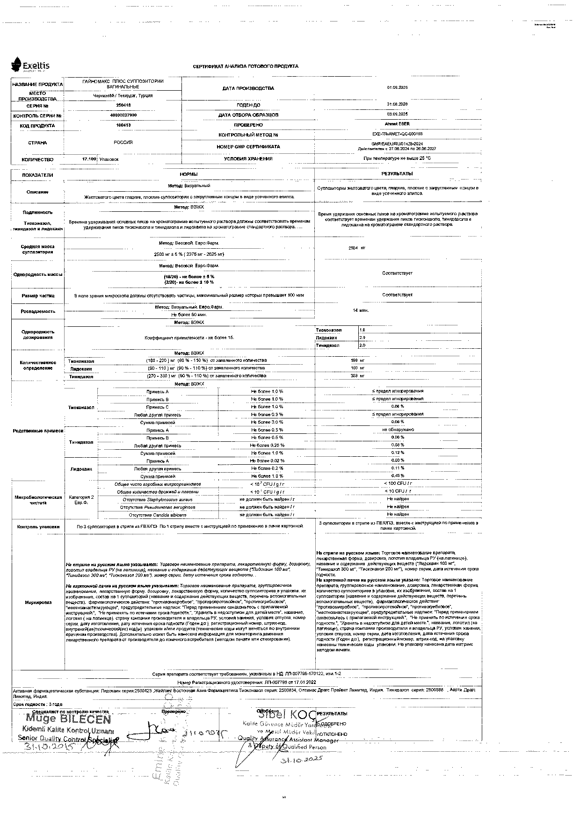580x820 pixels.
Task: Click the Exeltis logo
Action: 30,66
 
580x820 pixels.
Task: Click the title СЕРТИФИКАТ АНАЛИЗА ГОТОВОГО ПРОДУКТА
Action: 246,66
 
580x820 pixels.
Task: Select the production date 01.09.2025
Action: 397,88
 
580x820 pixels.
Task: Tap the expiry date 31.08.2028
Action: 397,104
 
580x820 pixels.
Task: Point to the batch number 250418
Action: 123,106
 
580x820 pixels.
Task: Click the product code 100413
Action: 123,125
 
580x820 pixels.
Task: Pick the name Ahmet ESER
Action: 397,124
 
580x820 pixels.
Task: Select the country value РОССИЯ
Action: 123,143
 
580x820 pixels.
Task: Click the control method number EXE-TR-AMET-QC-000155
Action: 397,134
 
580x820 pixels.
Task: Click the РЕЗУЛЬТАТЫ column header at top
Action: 397,173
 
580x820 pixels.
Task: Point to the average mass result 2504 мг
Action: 357,248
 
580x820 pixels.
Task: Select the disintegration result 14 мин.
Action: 361,310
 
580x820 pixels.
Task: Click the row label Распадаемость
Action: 38,311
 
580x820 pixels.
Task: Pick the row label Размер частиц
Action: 38,296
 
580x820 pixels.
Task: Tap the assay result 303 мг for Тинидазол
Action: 357,376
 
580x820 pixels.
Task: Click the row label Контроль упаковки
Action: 38,527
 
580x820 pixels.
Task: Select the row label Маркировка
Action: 38,603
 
